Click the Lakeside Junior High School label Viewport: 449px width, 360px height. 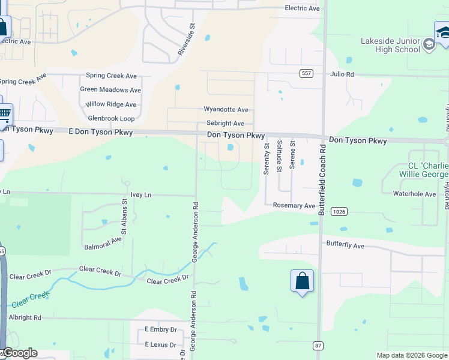click(390, 45)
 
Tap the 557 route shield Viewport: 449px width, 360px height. click(306, 73)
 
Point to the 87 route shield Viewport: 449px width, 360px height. click(318, 346)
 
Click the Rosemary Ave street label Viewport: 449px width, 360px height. click(294, 206)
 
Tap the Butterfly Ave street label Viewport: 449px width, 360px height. click(345, 245)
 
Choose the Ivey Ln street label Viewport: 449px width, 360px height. click(141, 195)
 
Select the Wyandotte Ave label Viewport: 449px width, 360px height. click(226, 110)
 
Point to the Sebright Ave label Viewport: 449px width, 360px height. click(225, 123)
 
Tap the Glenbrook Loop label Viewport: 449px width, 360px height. click(111, 118)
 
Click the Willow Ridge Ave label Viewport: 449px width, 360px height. click(111, 104)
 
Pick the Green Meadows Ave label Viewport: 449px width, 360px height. click(110, 90)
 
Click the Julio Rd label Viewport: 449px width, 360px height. click(342, 74)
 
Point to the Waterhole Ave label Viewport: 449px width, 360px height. click(414, 194)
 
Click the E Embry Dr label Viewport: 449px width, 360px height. click(161, 330)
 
